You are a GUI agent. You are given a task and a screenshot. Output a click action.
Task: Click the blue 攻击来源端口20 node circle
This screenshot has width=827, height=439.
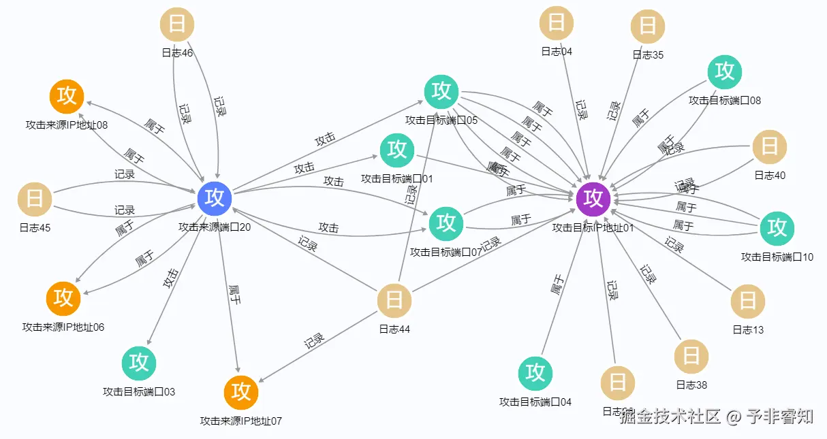click(x=215, y=197)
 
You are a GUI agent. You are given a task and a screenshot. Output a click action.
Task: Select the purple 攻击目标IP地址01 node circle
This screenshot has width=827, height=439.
click(x=593, y=198)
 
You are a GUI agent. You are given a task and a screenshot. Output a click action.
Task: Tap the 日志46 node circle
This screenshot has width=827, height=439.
click(x=176, y=25)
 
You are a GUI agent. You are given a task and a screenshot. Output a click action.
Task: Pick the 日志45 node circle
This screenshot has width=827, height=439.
click(x=35, y=199)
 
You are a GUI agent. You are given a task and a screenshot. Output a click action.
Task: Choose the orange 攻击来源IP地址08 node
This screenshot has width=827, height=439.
click(x=67, y=96)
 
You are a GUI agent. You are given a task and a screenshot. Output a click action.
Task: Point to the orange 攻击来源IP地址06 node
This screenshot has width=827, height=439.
click(x=63, y=297)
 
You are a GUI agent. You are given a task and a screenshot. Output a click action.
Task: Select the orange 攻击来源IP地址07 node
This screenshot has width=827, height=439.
click(x=241, y=392)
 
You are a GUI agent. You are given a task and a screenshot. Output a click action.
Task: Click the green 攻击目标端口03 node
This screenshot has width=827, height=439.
click(x=139, y=363)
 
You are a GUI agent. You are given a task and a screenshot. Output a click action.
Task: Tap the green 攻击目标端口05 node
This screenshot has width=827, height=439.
click(x=441, y=91)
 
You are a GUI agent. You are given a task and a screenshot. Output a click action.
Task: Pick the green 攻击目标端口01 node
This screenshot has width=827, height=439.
click(x=397, y=150)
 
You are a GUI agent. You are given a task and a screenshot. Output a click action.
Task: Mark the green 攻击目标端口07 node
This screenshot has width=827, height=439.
click(x=446, y=223)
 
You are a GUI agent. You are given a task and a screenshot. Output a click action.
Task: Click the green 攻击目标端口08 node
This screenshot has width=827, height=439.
click(x=725, y=71)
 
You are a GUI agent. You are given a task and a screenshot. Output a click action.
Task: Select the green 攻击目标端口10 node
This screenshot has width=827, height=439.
click(x=777, y=228)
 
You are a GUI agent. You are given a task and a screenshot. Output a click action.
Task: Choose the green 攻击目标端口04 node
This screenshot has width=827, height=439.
click(x=535, y=373)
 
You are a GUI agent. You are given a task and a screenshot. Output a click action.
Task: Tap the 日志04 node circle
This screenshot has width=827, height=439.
click(x=557, y=23)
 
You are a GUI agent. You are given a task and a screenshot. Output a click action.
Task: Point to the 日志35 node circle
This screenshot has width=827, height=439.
click(x=648, y=27)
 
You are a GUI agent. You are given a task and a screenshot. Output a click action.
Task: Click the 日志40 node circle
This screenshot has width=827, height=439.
click(x=770, y=146)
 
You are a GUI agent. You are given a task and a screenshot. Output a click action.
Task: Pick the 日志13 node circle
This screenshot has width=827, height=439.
click(x=748, y=301)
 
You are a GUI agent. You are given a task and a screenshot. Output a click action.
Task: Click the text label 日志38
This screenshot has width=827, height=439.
click(x=691, y=385)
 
